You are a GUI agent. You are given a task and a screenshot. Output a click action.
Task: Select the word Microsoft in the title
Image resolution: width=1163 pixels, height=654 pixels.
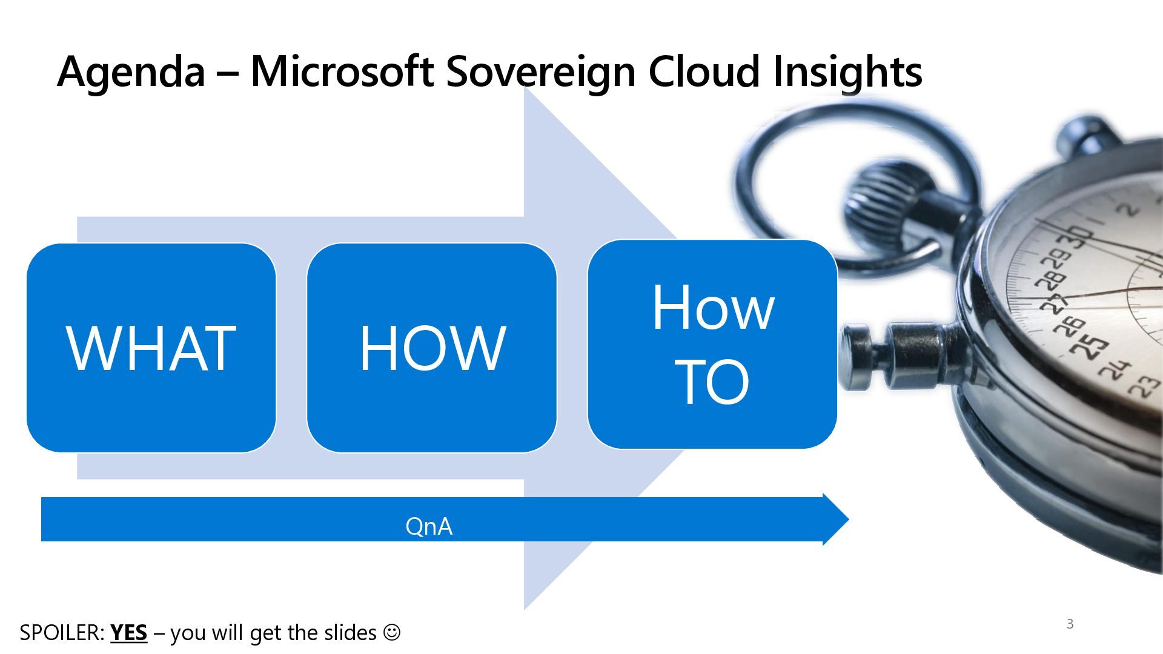pos(342,71)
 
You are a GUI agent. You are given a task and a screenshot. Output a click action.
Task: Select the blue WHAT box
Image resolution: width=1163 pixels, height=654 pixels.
pos(151,348)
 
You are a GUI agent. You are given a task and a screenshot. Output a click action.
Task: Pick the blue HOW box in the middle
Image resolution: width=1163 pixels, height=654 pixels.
pos(431,348)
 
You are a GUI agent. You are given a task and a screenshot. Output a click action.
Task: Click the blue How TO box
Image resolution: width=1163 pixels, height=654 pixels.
pos(712,344)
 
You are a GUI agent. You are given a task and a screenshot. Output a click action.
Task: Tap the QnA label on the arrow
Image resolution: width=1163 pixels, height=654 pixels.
pos(429,526)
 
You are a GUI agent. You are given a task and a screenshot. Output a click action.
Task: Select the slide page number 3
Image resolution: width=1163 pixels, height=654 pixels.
pos(1070,624)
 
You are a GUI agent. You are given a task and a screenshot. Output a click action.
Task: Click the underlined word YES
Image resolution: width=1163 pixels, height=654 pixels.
pos(128,633)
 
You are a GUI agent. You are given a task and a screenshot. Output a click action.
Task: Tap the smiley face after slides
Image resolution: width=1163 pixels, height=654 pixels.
pos(392,632)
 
